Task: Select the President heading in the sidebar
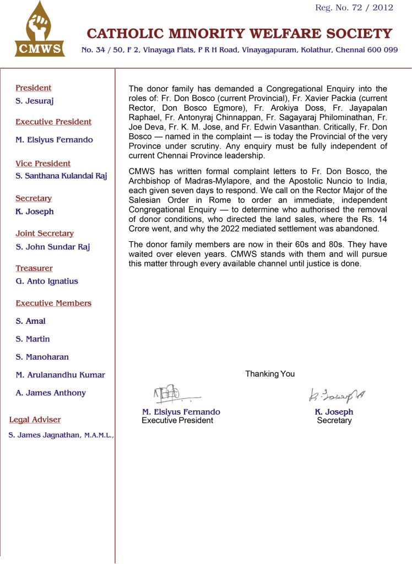pyautogui.click(x=33, y=88)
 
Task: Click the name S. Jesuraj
pyautogui.click(x=35, y=101)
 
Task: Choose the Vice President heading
pyautogui.click(x=43, y=164)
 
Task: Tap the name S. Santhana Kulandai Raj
pyautogui.click(x=61, y=176)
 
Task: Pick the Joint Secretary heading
pyautogui.click(x=45, y=234)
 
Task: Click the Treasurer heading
pyautogui.click(x=34, y=268)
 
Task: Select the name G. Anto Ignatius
pyautogui.click(x=47, y=281)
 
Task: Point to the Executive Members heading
pyautogui.click(x=53, y=303)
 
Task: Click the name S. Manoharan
pyautogui.click(x=42, y=357)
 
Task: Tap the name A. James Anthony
pyautogui.click(x=51, y=393)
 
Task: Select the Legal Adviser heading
pyautogui.click(x=35, y=420)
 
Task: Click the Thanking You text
pyautogui.click(x=270, y=374)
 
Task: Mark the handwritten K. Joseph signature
pyautogui.click(x=337, y=394)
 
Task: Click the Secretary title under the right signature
pyautogui.click(x=334, y=420)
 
